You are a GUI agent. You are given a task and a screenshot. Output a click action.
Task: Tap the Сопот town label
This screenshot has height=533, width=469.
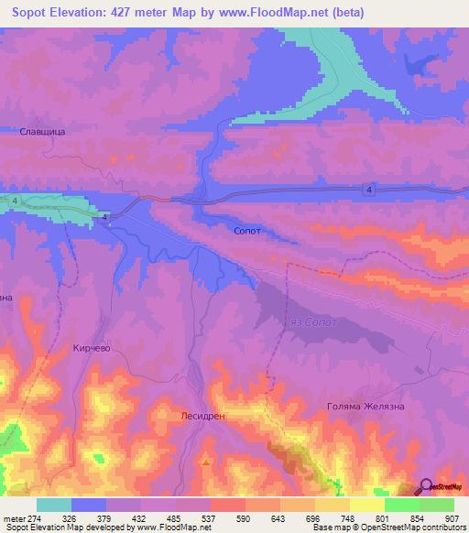tap(247, 231)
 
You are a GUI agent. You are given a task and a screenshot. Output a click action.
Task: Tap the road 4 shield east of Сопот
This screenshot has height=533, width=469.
tap(367, 190)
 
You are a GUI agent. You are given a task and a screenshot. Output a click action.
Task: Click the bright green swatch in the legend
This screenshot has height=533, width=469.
tap(402, 505)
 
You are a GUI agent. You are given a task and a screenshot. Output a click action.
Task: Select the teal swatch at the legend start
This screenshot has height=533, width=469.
tap(54, 505)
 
